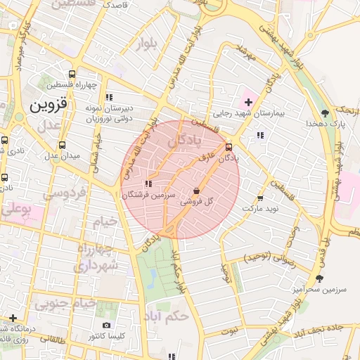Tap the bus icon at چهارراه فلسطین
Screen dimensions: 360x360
[72, 74]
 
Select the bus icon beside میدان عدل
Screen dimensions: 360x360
[63, 146]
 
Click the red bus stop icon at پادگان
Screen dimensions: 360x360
[229, 148]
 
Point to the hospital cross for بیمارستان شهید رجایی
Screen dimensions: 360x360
[247, 102]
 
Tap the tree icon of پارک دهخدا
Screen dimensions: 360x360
[324, 112]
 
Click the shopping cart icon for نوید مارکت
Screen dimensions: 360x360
[261, 198]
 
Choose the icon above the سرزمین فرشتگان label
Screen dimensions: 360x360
[148, 184]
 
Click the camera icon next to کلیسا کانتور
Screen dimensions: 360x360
[106, 325]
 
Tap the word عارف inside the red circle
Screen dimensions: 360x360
[205, 160]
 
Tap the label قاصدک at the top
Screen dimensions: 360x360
[115, 4]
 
